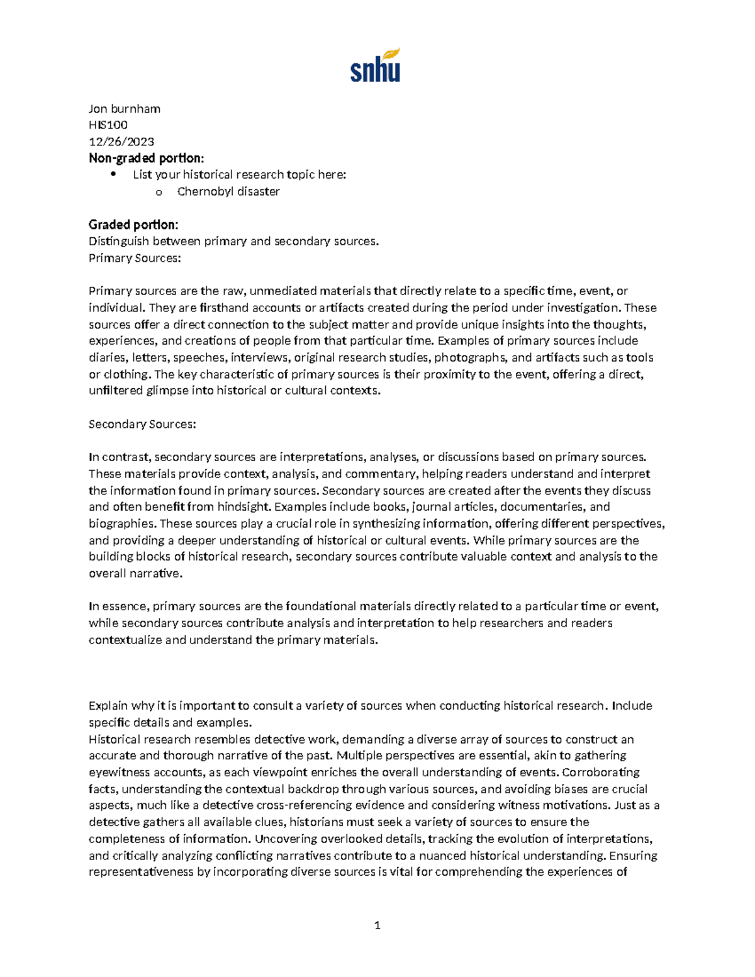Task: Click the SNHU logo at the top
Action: (x=376, y=65)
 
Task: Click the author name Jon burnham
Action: (x=125, y=109)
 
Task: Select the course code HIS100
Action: (x=108, y=125)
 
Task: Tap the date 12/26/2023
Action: (x=121, y=142)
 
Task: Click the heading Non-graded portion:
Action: (x=146, y=158)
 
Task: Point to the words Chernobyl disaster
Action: (x=228, y=191)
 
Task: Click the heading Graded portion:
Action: (x=133, y=225)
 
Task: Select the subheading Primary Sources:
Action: (x=135, y=258)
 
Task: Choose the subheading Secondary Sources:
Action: (x=142, y=424)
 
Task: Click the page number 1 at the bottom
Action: (x=377, y=925)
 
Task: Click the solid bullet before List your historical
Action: (x=113, y=174)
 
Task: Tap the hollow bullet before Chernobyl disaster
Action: (x=159, y=192)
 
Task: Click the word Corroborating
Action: (x=600, y=773)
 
